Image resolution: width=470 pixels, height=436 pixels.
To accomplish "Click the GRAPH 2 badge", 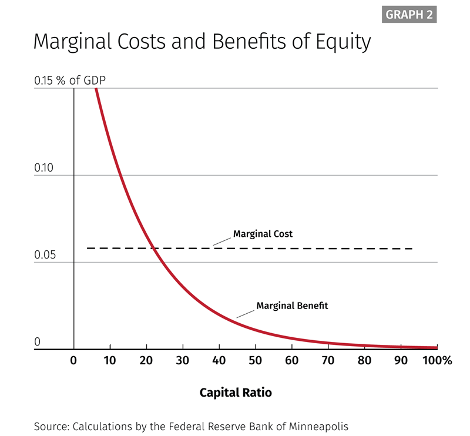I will (409, 15).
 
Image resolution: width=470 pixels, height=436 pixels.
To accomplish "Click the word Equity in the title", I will (344, 42).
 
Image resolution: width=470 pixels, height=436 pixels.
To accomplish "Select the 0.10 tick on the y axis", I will (43, 168).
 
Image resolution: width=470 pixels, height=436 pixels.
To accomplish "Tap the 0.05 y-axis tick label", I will (43, 255).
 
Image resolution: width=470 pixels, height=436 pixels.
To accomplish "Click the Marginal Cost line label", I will (263, 234).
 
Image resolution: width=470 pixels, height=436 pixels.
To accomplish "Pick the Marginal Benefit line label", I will (292, 306).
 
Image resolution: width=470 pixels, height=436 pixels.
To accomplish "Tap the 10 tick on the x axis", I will (110, 360).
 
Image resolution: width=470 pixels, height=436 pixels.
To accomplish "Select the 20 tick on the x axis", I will (146, 360).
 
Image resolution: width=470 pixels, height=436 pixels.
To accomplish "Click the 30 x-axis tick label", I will (183, 360).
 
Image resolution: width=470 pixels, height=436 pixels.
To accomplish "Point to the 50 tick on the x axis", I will (255, 360).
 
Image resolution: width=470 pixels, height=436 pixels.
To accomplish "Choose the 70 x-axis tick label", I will (328, 360).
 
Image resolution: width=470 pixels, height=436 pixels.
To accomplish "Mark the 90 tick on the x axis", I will (401, 360).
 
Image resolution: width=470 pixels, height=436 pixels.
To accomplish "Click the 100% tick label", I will (436, 360).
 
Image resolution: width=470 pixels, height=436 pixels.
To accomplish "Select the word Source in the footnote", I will (50, 426).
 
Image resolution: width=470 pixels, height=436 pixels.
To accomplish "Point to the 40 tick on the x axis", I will (219, 360).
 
